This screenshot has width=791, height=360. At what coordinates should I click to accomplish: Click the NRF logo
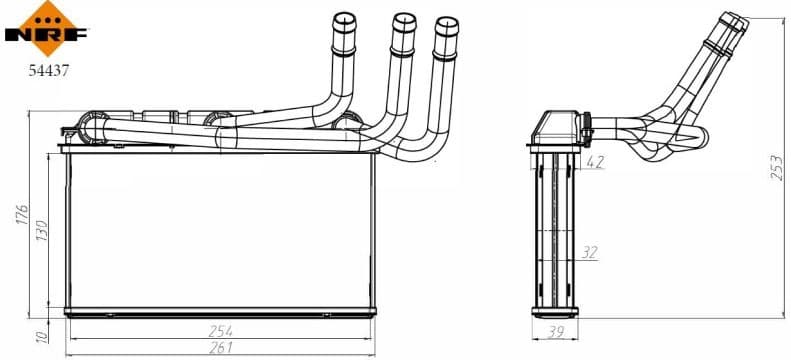pos(46,28)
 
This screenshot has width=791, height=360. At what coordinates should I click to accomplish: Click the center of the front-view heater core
pos(220,232)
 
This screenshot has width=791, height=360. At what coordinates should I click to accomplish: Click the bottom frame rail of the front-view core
pos(220,312)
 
